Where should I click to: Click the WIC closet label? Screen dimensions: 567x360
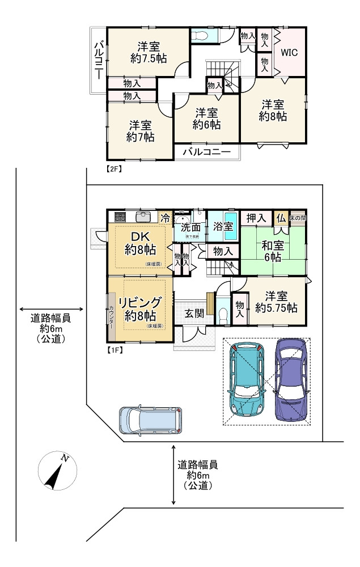click(x=290, y=52)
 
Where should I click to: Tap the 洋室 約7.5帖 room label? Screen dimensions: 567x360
click(x=148, y=52)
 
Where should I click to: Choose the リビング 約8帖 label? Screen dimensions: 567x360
click(x=140, y=308)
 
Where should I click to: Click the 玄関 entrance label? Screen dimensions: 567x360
click(x=194, y=314)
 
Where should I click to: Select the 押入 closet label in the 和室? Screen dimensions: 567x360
click(x=256, y=218)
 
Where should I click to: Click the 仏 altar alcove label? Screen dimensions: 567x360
click(x=281, y=218)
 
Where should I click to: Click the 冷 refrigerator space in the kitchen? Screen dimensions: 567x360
click(x=166, y=217)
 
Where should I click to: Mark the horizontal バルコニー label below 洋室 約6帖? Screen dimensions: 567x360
click(x=206, y=153)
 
